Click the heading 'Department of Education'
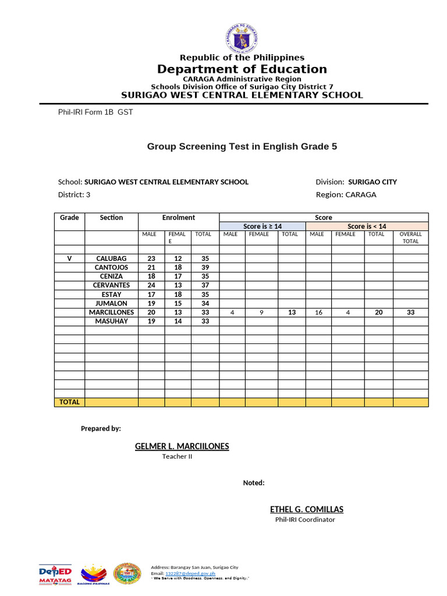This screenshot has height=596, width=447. pyautogui.click(x=242, y=69)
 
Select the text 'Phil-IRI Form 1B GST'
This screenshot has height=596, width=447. pyautogui.click(x=95, y=112)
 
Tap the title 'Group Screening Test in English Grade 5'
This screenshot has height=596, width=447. pyautogui.click(x=242, y=147)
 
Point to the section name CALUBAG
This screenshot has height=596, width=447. pyautogui.click(x=111, y=258)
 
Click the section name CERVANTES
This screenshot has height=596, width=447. pyautogui.click(x=111, y=285)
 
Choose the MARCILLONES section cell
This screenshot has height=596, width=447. pyautogui.click(x=111, y=312)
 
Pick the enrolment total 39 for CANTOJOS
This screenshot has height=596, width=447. pyautogui.click(x=204, y=267)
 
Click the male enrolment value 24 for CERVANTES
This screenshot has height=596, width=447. pyautogui.click(x=151, y=285)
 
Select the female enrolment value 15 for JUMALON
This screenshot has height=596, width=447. pyautogui.click(x=178, y=303)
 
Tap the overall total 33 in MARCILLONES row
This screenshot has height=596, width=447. pyautogui.click(x=410, y=313)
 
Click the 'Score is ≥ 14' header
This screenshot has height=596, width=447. pyautogui.click(x=262, y=226)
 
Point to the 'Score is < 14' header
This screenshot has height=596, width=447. pyautogui.click(x=367, y=226)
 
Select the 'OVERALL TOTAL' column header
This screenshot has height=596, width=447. pyautogui.click(x=410, y=237)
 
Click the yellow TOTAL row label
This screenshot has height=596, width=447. pyautogui.click(x=70, y=402)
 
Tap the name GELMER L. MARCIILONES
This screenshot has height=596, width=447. pyautogui.click(x=182, y=446)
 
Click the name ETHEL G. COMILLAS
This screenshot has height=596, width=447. pyautogui.click(x=306, y=509)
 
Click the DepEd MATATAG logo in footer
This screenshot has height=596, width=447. pyautogui.click(x=55, y=573)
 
